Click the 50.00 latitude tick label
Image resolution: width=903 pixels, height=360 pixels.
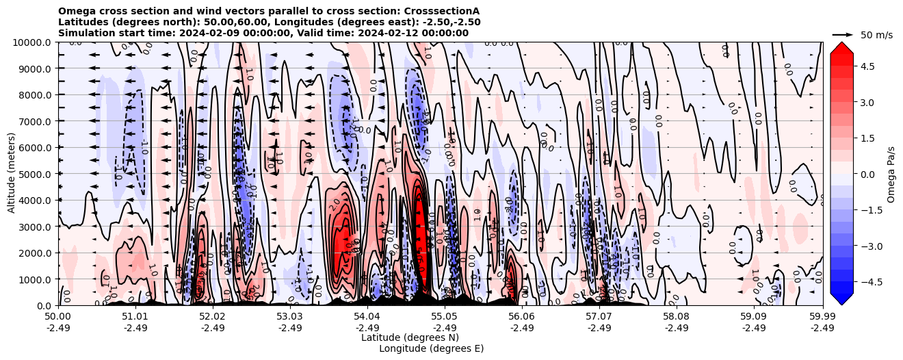[x=58, y=317]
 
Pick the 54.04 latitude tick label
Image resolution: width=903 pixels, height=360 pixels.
[x=367, y=317]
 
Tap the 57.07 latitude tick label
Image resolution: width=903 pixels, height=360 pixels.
[x=599, y=317]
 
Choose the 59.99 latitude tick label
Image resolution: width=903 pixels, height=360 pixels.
[x=822, y=317]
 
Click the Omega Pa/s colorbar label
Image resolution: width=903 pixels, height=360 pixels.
[x=891, y=174]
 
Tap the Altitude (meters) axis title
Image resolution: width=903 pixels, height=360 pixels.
[x=12, y=174]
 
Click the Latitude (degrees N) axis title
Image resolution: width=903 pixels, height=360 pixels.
[x=410, y=337]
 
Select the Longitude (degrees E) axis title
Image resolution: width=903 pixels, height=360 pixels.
[x=431, y=348]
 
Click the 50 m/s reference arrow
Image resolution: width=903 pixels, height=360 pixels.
[x=843, y=34]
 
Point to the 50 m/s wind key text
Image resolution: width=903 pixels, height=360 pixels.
[x=876, y=35]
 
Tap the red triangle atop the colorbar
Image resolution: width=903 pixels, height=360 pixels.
[x=841, y=48]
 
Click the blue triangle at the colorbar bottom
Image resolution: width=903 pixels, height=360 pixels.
[x=841, y=298]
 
